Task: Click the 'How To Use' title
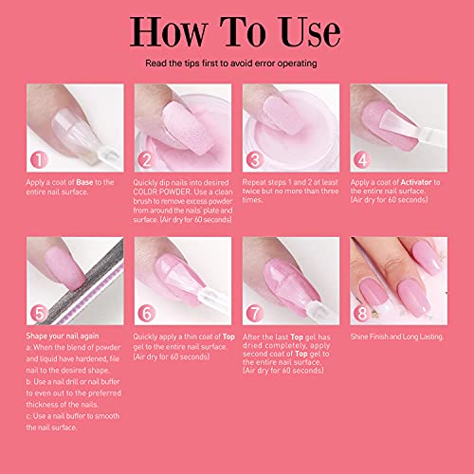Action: tap(237, 30)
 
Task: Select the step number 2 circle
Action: tap(147, 161)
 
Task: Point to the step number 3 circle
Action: tap(253, 161)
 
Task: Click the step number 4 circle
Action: tap(362, 161)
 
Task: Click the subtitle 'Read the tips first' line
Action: tap(237, 64)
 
